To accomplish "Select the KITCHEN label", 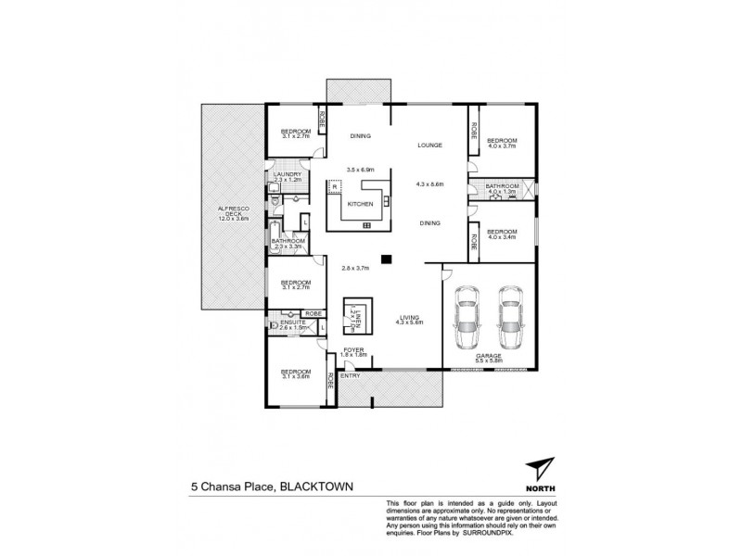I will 360,204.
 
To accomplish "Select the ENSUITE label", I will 285,322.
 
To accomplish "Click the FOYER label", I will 354,349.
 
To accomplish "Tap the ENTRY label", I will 351,375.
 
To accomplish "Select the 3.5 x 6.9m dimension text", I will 360,171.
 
